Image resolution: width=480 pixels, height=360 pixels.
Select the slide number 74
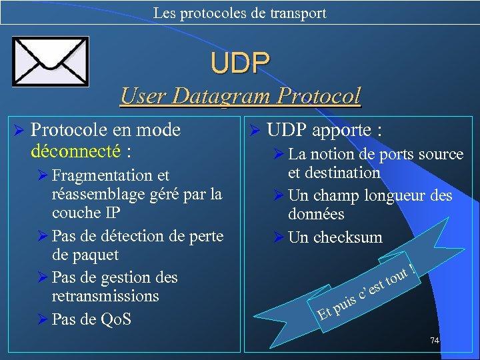coord(434,341)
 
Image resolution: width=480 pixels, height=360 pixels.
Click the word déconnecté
coord(75,151)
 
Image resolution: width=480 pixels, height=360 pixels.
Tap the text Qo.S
coord(115,319)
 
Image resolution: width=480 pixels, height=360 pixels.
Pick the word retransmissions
coord(105,295)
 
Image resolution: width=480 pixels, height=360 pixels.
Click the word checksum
coord(347,237)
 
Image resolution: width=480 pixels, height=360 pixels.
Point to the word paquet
coord(85,255)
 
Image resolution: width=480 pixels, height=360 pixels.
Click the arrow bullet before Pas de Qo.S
coord(41,319)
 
